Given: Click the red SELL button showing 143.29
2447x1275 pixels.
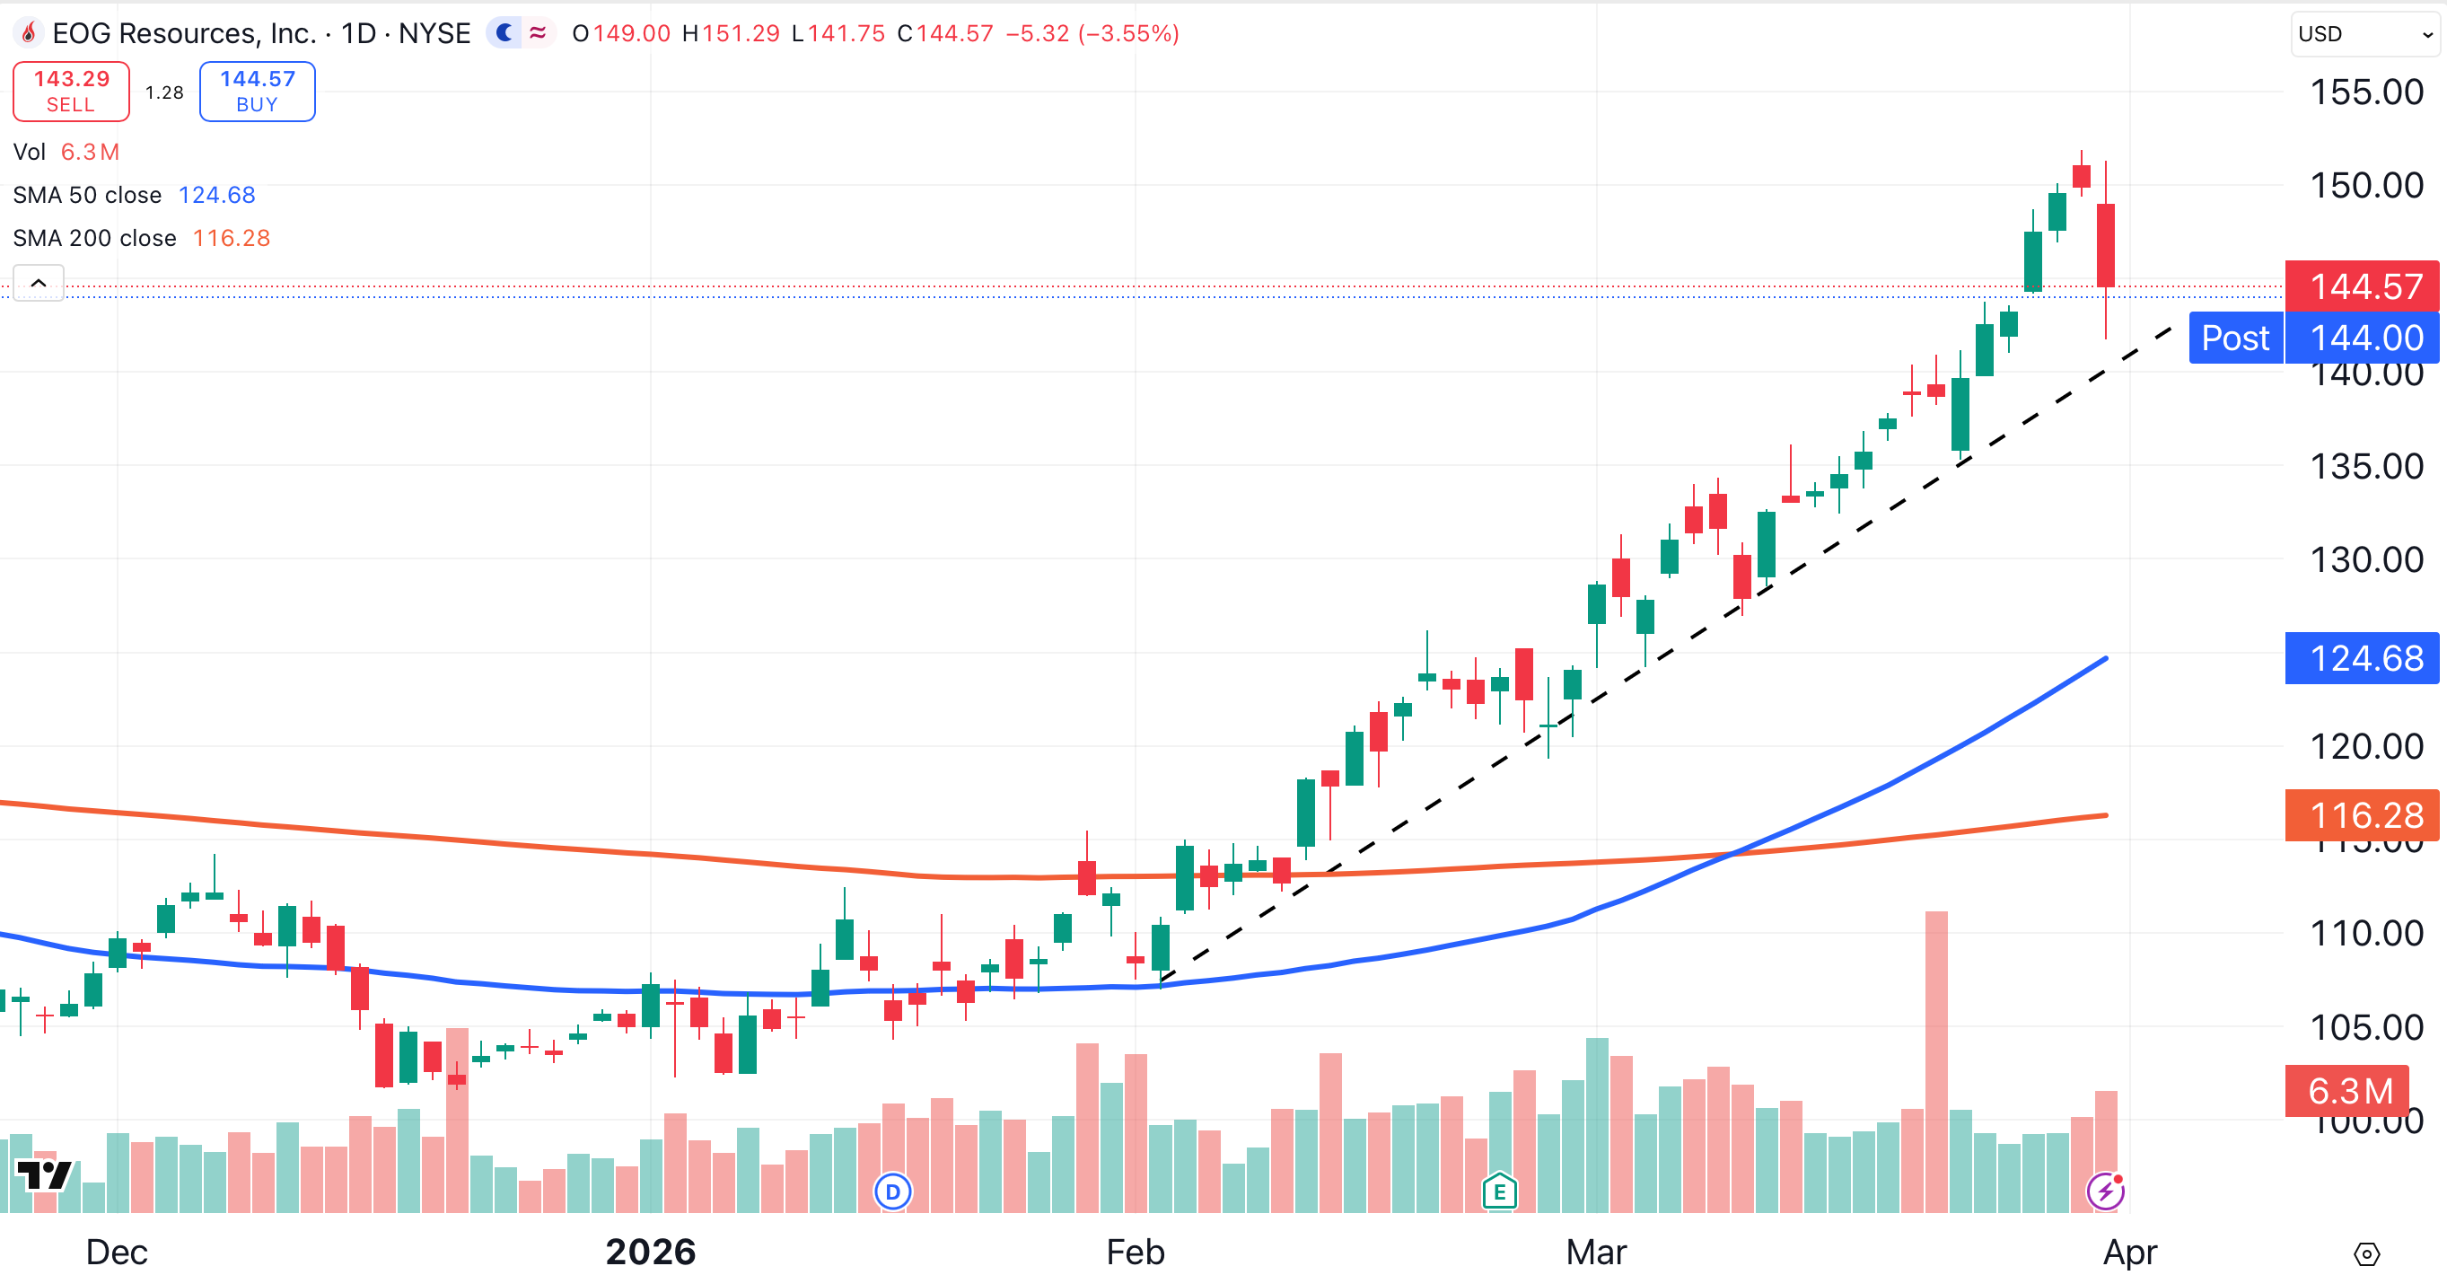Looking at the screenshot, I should pyautogui.click(x=71, y=92).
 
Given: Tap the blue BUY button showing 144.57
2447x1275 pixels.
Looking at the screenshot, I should pyautogui.click(x=257, y=92).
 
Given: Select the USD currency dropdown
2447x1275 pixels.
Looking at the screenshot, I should pyautogui.click(x=2364, y=34).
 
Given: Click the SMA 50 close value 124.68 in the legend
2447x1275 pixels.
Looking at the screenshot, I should pyautogui.click(x=216, y=195).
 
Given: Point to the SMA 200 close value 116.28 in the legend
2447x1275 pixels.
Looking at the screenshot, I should pyautogui.click(x=231, y=238).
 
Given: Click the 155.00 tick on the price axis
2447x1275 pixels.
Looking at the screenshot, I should pyautogui.click(x=2365, y=92).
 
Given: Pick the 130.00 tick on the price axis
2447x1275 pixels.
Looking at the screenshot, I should pyautogui.click(x=2365, y=559).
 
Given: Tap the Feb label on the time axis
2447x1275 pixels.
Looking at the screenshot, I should pyautogui.click(x=1136, y=1252).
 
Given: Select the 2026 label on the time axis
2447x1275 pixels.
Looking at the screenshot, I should pyautogui.click(x=651, y=1252).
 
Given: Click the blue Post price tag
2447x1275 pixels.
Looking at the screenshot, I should pyautogui.click(x=2235, y=338).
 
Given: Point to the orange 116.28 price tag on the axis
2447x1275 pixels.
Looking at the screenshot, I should pyautogui.click(x=2364, y=815).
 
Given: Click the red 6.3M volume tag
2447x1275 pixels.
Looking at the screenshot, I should pyautogui.click(x=2348, y=1091).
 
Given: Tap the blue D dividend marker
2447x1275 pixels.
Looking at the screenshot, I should pyautogui.click(x=892, y=1191).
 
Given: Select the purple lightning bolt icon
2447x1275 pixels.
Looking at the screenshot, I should pyautogui.click(x=2105, y=1191).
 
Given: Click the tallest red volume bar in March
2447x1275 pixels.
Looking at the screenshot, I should pyautogui.click(x=1936, y=1060).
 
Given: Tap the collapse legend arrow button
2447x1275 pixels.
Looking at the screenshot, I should pyautogui.click(x=39, y=283).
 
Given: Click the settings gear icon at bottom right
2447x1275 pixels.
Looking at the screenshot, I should pyautogui.click(x=2366, y=1253).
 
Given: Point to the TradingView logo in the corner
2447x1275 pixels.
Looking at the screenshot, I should pyautogui.click(x=44, y=1174).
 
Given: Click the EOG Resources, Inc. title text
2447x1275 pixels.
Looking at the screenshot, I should pyautogui.click(x=183, y=33).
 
